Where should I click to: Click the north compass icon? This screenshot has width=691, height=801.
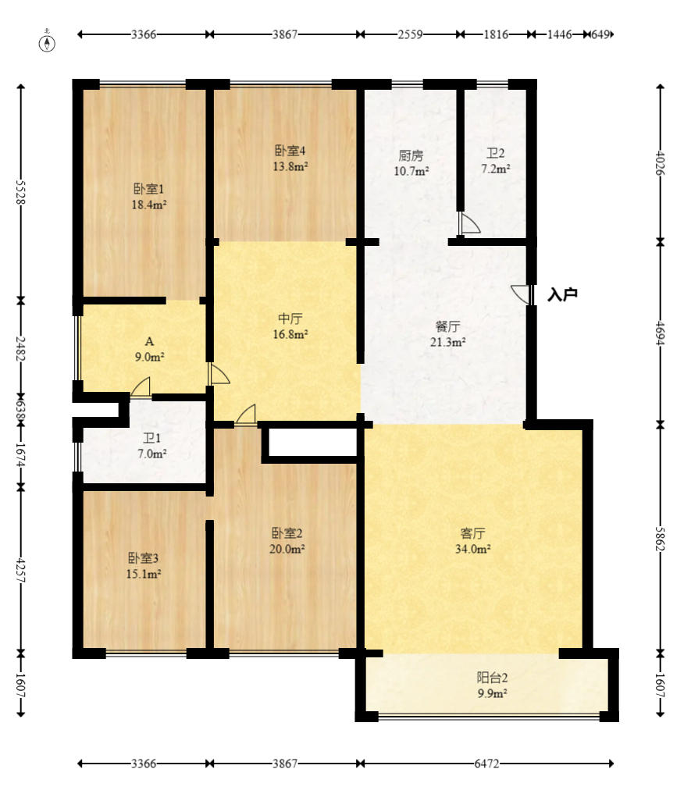(x=48, y=43)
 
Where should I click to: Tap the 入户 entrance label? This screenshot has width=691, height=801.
(x=562, y=295)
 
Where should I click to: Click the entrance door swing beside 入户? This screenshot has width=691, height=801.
(x=521, y=294)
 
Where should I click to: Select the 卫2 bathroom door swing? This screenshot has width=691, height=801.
(x=469, y=223)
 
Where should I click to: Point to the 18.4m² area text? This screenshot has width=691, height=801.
(x=149, y=205)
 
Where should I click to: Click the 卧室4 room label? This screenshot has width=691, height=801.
(x=290, y=151)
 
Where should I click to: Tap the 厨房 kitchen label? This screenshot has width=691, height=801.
(x=411, y=155)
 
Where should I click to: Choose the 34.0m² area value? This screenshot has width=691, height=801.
(x=473, y=549)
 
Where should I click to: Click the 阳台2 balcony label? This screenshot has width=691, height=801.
(x=492, y=678)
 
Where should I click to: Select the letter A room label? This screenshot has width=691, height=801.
(x=149, y=341)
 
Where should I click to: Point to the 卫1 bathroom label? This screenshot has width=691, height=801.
(x=151, y=438)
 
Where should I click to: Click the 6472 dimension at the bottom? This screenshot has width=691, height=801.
(x=486, y=764)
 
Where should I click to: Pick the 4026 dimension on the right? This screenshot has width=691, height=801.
(x=660, y=163)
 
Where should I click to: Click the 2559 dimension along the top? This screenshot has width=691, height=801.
(x=410, y=34)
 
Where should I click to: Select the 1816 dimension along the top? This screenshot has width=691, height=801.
(x=496, y=34)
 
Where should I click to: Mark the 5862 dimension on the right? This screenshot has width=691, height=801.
(x=660, y=539)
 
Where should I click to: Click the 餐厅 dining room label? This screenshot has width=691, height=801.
(x=447, y=326)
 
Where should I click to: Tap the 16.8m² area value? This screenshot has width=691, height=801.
(x=290, y=335)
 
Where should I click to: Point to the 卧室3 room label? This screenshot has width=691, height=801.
(x=143, y=558)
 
